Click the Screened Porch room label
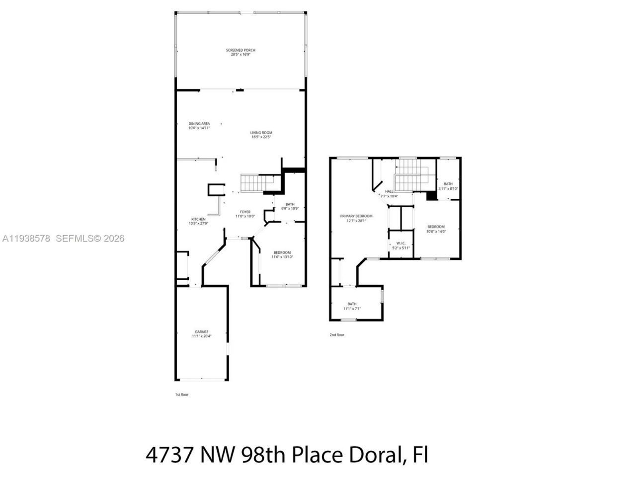(x=240, y=50)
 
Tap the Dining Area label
(x=199, y=124)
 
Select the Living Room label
(x=261, y=133)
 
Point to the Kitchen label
(x=198, y=219)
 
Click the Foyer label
(x=245, y=212)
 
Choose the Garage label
(x=201, y=332)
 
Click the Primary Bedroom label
(x=356, y=216)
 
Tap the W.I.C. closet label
(x=401, y=243)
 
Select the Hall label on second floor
(x=389, y=191)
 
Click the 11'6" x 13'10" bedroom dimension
(x=282, y=257)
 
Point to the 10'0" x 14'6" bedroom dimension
(x=436, y=231)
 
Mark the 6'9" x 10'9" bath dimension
(x=290, y=208)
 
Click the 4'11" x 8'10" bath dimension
(x=448, y=188)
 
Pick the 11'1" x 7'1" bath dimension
(x=352, y=309)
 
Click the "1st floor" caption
(x=182, y=395)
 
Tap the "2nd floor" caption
(x=337, y=335)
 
